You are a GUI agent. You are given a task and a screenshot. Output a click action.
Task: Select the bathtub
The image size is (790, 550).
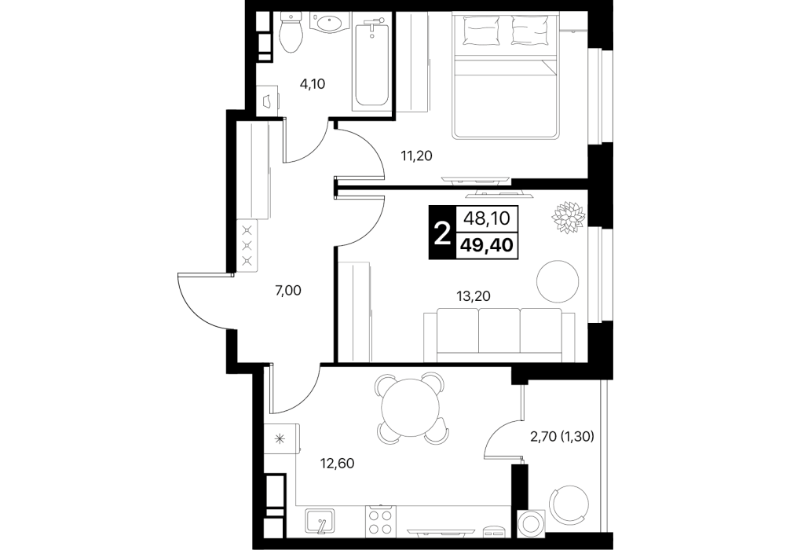pyautogui.click(x=371, y=60)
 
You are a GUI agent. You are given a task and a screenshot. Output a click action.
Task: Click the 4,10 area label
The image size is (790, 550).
pyautogui.click(x=313, y=84)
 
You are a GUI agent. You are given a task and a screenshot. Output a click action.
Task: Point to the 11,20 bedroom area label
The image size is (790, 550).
pyautogui.click(x=417, y=156)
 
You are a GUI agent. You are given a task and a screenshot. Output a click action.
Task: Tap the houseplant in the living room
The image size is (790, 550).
pyautogui.click(x=569, y=217)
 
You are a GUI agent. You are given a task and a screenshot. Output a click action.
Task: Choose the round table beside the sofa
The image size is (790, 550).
pyautogui.click(x=558, y=280)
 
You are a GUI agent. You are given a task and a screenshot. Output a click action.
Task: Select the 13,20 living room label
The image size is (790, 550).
pyautogui.click(x=473, y=296)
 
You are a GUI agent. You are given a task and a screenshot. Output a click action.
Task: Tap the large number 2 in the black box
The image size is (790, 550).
pyautogui.click(x=442, y=233)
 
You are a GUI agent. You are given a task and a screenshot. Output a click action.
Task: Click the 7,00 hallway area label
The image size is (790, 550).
pyautogui.click(x=288, y=290)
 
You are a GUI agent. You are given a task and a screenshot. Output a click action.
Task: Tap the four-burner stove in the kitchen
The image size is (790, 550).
pyautogui.click(x=379, y=522)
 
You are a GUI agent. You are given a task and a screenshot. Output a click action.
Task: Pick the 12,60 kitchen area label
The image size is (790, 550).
pyautogui.click(x=338, y=462)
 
